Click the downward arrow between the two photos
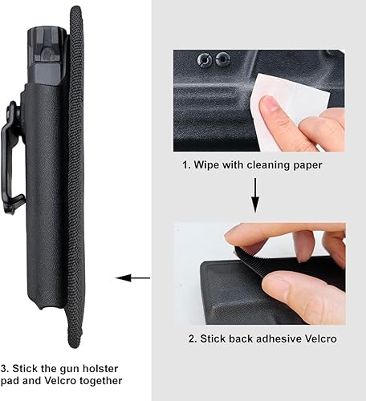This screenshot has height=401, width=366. (x=254, y=195)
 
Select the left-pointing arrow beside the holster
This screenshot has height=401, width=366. (x=132, y=278)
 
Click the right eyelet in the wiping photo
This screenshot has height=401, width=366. (x=223, y=59)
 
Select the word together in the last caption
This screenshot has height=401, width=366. (x=99, y=381)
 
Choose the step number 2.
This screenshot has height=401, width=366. (x=192, y=338)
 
